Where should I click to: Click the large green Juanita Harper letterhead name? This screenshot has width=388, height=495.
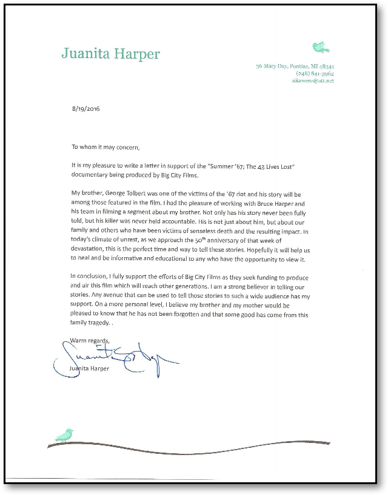click(x=111, y=54)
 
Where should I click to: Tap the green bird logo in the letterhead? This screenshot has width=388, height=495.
click(x=320, y=47)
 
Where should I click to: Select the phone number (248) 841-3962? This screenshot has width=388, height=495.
click(x=315, y=73)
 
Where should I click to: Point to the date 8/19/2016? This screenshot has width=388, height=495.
click(x=85, y=110)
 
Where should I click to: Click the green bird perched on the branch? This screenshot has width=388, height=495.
click(x=64, y=435)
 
